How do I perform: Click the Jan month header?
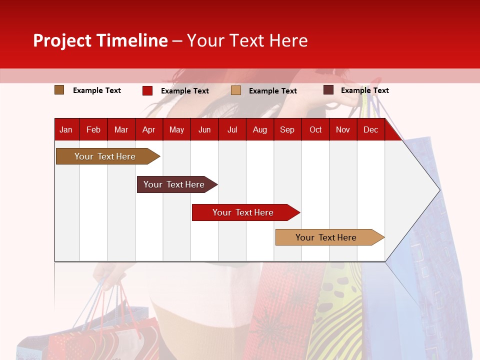point(66,130)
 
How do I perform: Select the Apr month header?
point(148,130)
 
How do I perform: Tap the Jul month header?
point(232,130)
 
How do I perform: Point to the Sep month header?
point(287,130)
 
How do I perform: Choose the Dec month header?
point(370,130)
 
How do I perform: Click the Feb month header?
point(93,130)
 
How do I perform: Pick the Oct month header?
point(315,130)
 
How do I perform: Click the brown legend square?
point(59,90)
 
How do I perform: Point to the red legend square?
point(147,90)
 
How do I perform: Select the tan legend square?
point(236,90)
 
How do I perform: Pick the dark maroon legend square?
point(328,90)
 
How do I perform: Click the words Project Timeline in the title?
point(100,40)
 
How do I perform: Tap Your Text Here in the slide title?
point(247,40)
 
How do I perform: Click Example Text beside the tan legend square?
point(272,91)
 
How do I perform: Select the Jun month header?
point(204,130)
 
